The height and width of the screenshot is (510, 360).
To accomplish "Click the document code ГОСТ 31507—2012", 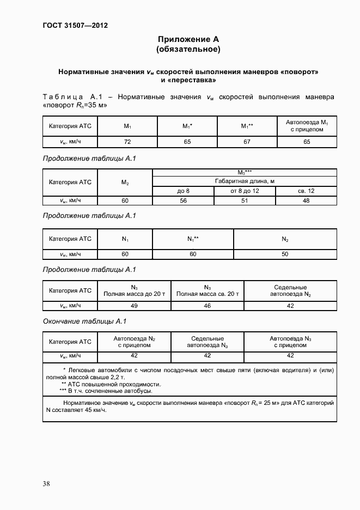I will tap(71, 25).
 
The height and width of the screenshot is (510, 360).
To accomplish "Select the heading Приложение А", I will tap(188, 40).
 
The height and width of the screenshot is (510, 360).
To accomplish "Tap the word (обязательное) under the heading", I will tap(188, 50).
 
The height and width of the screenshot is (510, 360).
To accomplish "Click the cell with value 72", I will tap(127, 141).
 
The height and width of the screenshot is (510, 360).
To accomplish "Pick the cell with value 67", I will tap(247, 141).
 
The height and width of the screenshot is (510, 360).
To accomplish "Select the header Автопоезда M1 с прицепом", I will tap(306, 126).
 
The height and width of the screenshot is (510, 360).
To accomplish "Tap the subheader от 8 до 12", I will tap(245, 191).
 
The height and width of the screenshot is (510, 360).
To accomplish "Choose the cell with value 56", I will tap(183, 200).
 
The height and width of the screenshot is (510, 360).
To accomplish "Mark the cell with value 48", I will tap(306, 200).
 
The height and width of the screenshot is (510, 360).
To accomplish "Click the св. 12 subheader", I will tap(306, 191).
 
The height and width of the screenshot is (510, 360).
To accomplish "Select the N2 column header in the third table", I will tap(284, 239).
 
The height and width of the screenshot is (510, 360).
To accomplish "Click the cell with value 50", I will tap(284, 254).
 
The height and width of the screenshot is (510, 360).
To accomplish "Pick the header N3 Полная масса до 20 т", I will tap(134, 291).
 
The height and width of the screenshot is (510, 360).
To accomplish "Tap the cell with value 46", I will tap(207, 306).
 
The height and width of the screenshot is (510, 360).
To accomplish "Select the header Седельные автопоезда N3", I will tap(207, 342).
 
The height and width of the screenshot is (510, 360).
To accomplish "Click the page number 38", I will tap(46, 483).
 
